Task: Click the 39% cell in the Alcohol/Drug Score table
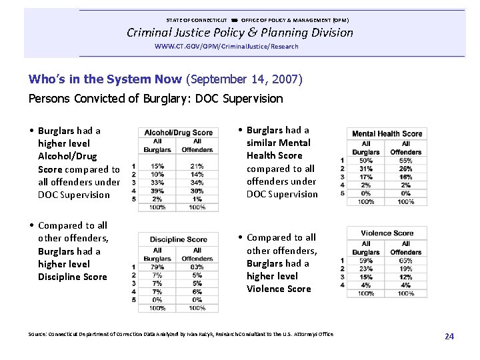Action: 157,191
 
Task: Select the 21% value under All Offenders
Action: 197,167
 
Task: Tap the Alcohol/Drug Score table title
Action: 178,133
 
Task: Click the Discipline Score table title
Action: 178,239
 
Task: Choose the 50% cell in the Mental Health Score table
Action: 366,161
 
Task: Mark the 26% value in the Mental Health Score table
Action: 405,169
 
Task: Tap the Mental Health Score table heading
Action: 387,133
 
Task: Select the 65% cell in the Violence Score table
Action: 405,261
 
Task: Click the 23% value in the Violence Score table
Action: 366,269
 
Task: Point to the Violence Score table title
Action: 387,233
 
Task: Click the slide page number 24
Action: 449,337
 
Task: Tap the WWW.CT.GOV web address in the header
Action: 226,47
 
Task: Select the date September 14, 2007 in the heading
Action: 245,80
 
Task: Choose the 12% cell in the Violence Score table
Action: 405,277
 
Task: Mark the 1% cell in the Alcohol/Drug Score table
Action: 197,199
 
